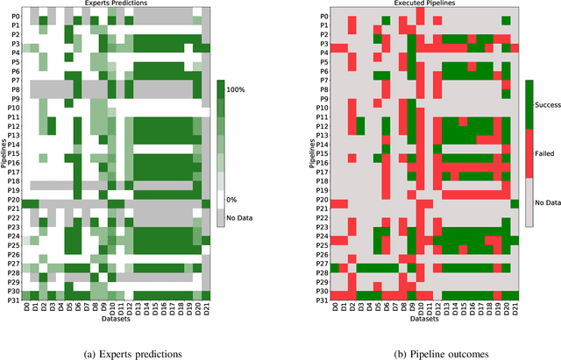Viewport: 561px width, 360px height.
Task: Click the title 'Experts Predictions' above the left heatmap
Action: [116, 4]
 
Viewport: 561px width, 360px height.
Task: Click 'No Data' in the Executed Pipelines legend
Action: [550, 201]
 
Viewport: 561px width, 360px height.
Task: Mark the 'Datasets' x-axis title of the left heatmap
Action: [116, 319]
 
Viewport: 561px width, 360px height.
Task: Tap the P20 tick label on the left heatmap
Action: [14, 203]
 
